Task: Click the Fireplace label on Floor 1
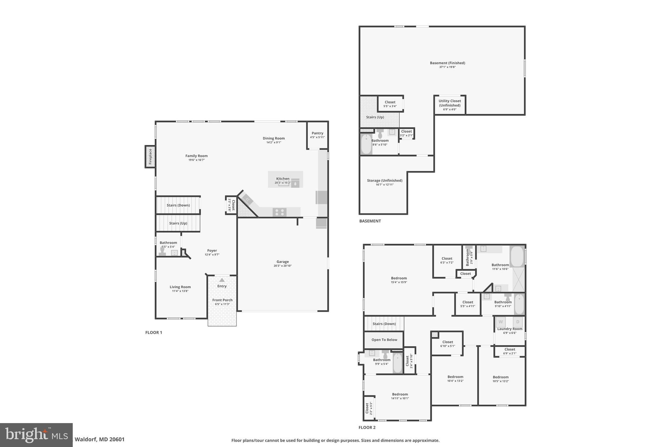(150, 157)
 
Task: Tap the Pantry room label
(317, 133)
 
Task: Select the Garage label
(282, 262)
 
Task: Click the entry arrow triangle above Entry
(222, 280)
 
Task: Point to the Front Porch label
(222, 300)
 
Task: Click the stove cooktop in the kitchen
(279, 212)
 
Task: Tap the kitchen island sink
(283, 184)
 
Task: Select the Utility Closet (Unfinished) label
(450, 103)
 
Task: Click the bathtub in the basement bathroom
(366, 144)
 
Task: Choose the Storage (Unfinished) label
(384, 180)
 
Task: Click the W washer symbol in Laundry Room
(500, 322)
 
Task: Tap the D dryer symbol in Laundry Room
(518, 322)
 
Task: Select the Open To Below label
(384, 340)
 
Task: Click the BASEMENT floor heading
(370, 221)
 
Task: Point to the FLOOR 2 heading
(367, 427)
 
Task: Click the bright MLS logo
(36, 435)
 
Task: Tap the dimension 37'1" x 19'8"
(447, 67)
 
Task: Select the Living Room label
(180, 287)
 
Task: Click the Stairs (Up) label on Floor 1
(178, 223)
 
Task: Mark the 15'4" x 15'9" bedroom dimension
(399, 282)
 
